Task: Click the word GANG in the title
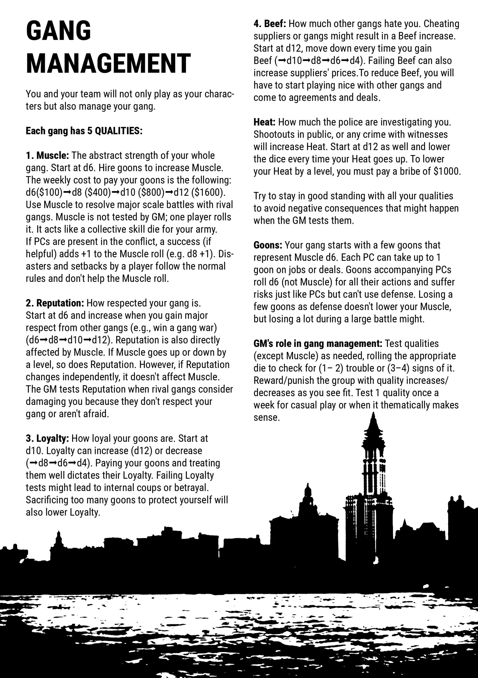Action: tap(59, 30)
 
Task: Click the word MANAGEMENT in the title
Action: tap(108, 63)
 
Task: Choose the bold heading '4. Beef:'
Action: tap(270, 24)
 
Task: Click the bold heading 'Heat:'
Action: tap(264, 122)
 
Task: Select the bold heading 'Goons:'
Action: tap(268, 245)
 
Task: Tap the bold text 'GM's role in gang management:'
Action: tap(318, 344)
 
